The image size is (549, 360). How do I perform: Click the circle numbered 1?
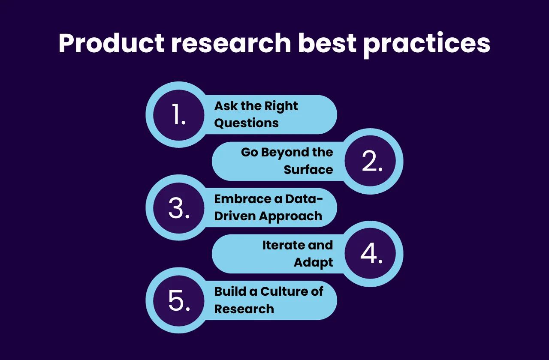(179, 115)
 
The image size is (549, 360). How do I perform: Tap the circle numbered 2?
(370, 161)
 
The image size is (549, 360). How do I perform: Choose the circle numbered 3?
(179, 208)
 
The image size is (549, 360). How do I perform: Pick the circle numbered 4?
(370, 254)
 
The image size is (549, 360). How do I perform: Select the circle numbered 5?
(179, 300)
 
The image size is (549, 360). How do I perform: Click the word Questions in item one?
(247, 123)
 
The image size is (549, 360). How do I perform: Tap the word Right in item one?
(281, 106)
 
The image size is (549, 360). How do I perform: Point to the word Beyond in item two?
(284, 153)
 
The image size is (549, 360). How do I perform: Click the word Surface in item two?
(308, 170)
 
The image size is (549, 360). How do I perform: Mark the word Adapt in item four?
(314, 262)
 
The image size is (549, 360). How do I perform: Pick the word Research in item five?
(244, 309)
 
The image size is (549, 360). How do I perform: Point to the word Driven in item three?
(235, 216)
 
